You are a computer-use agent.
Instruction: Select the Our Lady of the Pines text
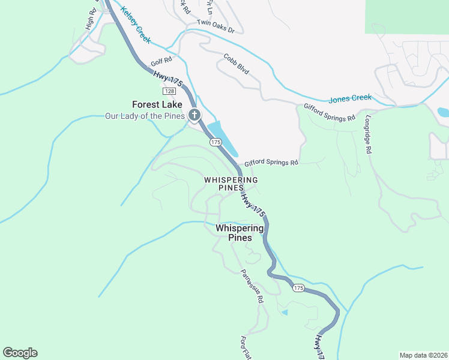click(x=145, y=116)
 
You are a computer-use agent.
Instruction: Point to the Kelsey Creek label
click(x=136, y=25)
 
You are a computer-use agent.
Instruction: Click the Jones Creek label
click(x=350, y=98)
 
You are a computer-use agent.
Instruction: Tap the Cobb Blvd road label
click(x=236, y=65)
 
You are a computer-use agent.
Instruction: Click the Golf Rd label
click(x=161, y=61)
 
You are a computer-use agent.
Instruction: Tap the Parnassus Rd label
click(x=253, y=286)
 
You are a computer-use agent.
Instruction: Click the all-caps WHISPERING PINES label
click(x=231, y=184)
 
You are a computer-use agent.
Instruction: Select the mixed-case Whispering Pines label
click(x=240, y=233)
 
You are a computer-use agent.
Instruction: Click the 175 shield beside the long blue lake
click(x=216, y=142)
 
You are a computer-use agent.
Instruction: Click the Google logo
click(x=20, y=353)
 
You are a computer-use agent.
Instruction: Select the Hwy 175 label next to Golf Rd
click(x=167, y=79)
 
